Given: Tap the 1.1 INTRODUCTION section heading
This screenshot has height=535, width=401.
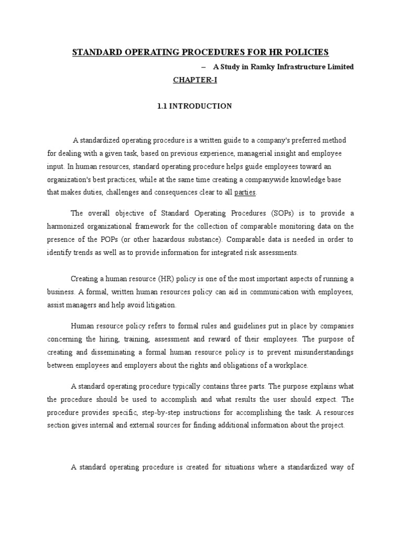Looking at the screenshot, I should tap(195, 106).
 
